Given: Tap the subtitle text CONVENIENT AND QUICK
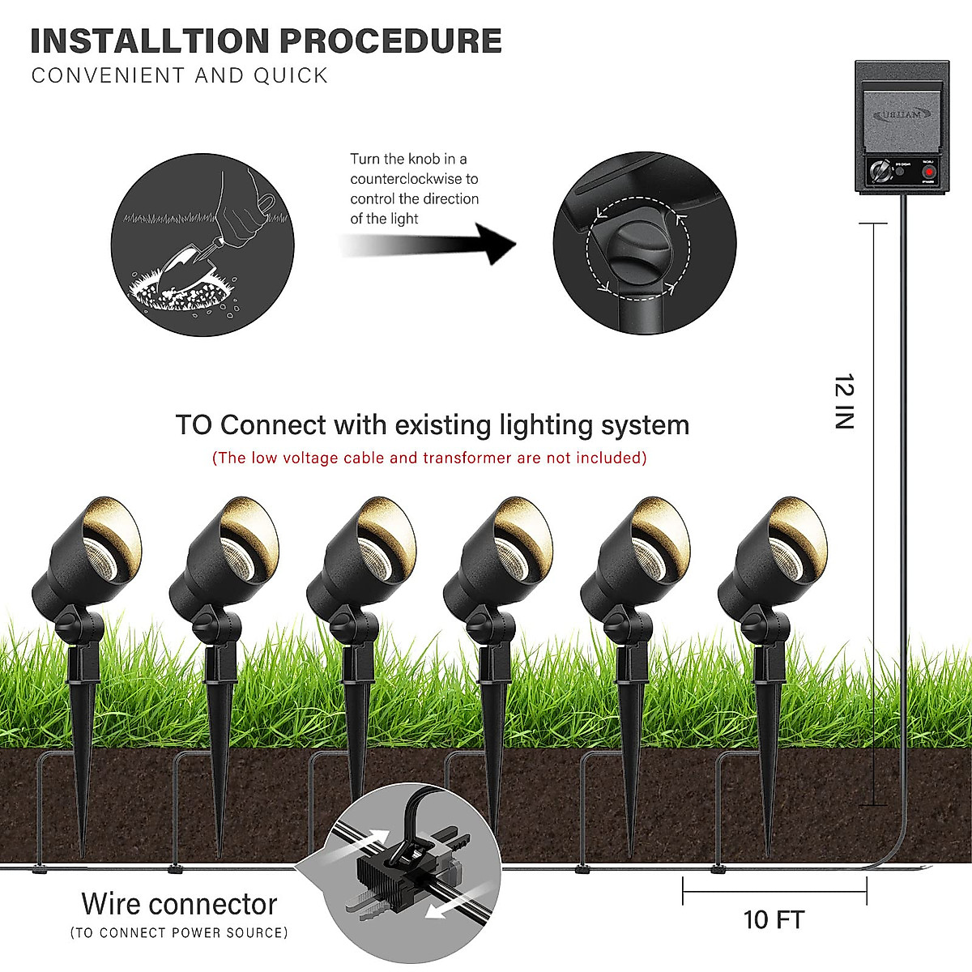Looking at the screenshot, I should point(180,76).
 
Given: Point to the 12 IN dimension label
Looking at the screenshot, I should point(845,401).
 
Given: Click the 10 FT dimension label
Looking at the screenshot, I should point(774,920).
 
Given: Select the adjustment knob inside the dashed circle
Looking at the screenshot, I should point(635,251).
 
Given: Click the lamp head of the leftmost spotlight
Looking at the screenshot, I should point(89,551).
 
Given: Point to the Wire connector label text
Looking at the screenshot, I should point(179,904).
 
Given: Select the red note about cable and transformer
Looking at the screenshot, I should point(429,458).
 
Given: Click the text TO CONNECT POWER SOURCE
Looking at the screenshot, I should point(179,933).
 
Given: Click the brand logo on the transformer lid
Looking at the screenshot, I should point(902,115).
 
